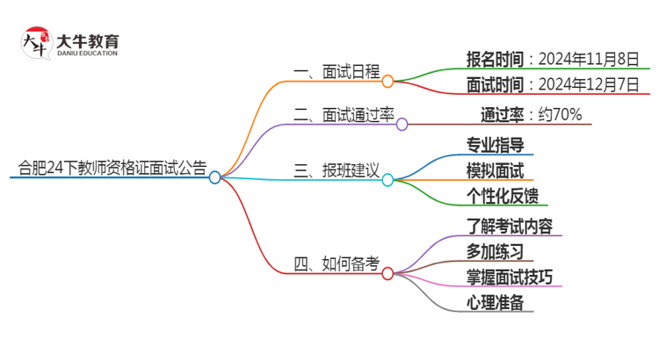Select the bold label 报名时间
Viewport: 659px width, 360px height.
coord(496,60)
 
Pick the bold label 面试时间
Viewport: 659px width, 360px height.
coord(496,85)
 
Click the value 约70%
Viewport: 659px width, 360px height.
coord(555,114)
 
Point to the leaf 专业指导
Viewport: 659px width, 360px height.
coord(495,144)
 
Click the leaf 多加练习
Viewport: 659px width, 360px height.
coord(495,252)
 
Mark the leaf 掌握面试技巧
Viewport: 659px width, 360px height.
coord(509,277)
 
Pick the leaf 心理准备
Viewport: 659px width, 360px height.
coord(495,303)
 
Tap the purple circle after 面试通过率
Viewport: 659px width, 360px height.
coord(402,125)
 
